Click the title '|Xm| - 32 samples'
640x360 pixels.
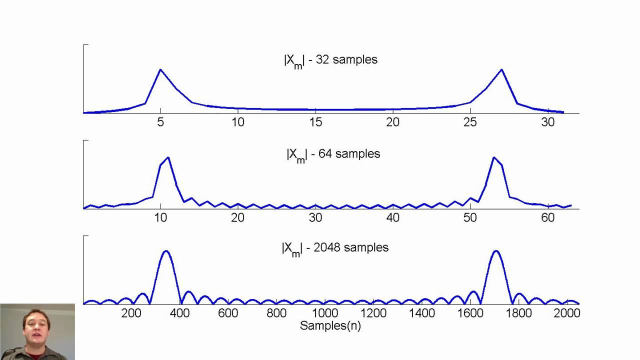tap(330, 60)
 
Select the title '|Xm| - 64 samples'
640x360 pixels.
tap(333, 154)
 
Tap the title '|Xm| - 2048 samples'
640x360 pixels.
tap(334, 248)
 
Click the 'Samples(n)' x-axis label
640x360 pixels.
tap(330, 325)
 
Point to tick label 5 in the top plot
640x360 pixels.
tap(160, 122)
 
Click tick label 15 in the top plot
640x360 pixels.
tap(315, 122)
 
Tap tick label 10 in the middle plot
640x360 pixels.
tap(160, 217)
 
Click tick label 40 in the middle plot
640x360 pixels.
tap(393, 217)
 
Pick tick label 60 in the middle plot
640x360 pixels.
tap(548, 217)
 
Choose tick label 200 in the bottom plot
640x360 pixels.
tap(131, 313)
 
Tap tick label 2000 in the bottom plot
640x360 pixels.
tap(567, 313)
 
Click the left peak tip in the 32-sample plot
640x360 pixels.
tap(160, 69)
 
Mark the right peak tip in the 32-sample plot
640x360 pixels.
tap(501, 69)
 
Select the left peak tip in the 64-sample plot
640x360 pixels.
tap(168, 157)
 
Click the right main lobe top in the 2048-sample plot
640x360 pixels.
tap(495, 251)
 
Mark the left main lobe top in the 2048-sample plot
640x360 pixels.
tap(165, 251)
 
